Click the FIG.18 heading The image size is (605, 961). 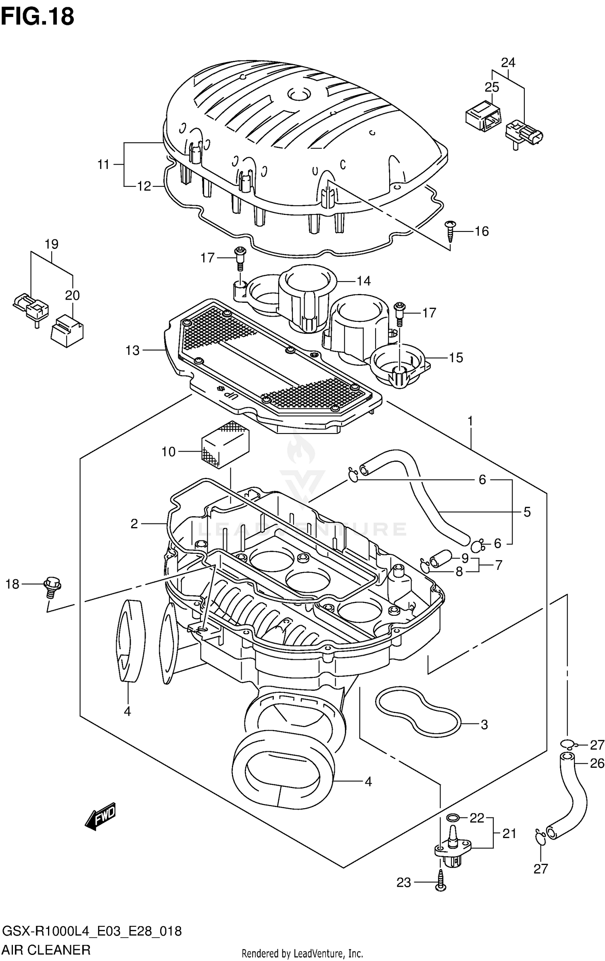37,17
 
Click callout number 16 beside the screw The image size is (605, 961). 481,231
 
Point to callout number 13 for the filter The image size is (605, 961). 132,350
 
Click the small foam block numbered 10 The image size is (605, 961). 225,445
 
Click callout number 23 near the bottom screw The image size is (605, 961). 404,883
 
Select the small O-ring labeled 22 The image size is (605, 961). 453,818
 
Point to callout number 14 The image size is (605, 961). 364,281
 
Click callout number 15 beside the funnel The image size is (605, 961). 456,357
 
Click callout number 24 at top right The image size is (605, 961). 508,63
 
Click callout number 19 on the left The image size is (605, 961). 52,244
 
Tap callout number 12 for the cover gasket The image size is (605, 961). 144,186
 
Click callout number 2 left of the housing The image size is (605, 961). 134,523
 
